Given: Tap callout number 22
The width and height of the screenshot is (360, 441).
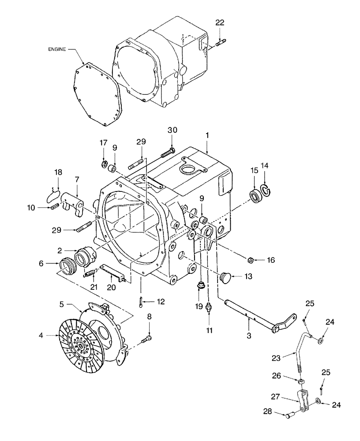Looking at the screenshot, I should (220, 23).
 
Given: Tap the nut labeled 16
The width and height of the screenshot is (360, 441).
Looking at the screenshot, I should (249, 261).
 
